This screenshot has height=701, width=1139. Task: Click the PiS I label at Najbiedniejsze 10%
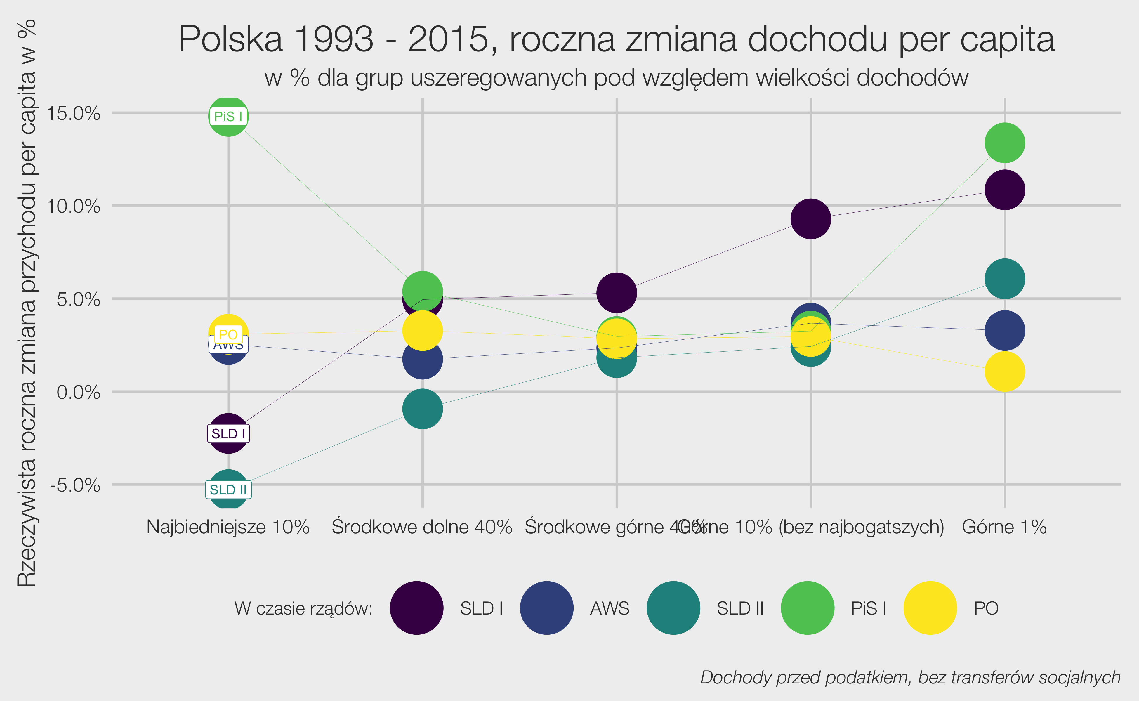228,116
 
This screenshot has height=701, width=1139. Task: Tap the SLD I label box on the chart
228,433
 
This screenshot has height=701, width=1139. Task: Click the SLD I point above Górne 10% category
810,218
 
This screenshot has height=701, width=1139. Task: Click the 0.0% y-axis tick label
78,393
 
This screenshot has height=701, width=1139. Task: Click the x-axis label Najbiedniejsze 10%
228,527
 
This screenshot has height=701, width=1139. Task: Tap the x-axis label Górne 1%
1004,527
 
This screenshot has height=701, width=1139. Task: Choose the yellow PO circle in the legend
930,608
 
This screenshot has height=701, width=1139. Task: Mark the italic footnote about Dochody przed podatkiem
910,677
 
